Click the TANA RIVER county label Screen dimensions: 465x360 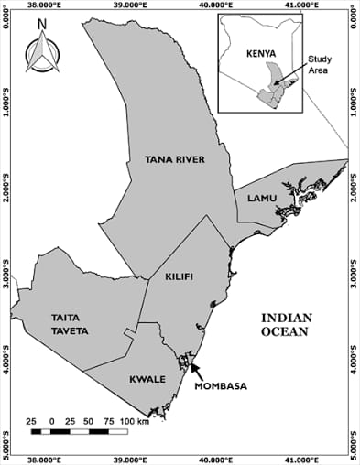coord(174,160)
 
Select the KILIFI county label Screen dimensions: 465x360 coord(181,276)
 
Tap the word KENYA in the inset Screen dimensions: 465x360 coord(262,54)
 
